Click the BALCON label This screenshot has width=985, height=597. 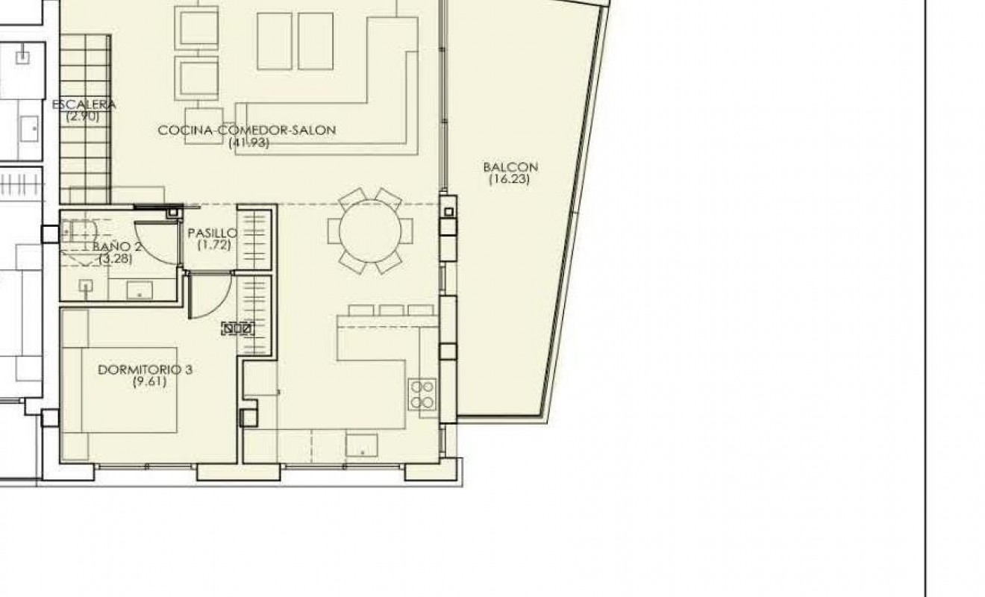[510, 167]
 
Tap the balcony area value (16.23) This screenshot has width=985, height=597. [510, 179]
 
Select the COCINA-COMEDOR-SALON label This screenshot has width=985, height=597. [247, 130]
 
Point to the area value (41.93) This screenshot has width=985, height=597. [248, 143]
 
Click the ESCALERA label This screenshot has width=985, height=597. [84, 105]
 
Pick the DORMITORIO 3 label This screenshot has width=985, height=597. [146, 369]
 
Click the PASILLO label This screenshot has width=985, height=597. [212, 232]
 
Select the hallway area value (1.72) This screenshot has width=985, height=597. [213, 244]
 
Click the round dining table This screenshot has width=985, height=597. [370, 231]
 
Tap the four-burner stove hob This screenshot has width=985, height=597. [422, 395]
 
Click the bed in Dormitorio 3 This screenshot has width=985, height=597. [119, 390]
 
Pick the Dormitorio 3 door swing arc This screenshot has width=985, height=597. [211, 297]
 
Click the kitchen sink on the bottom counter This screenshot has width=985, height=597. [362, 446]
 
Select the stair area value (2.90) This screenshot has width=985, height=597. [81, 116]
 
